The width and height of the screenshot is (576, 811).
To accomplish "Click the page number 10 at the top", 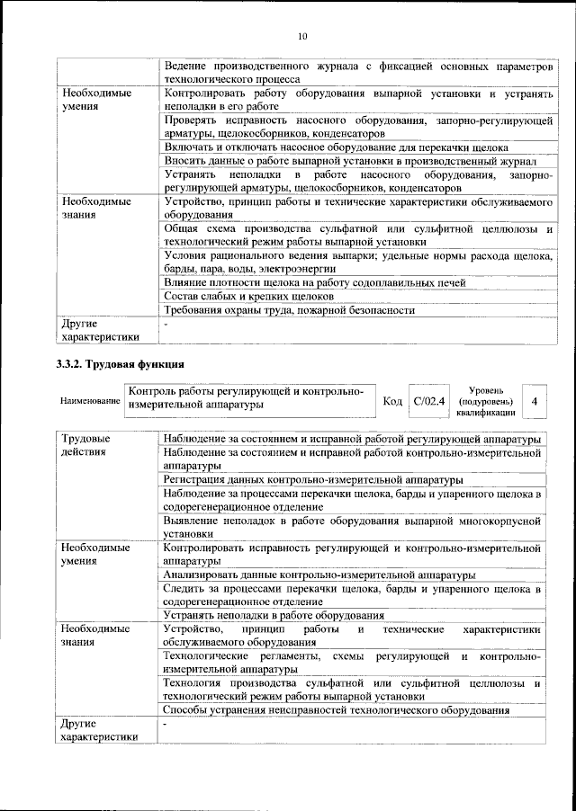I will pos(301,36).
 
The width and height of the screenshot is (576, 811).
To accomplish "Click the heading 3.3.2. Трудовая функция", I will pos(115,364).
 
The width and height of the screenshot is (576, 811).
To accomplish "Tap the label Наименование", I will pos(89,400).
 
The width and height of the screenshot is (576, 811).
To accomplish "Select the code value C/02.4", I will pos(428,400).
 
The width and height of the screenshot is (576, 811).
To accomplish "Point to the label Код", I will pos(392,400).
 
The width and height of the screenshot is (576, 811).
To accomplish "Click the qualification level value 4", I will pos(535,400).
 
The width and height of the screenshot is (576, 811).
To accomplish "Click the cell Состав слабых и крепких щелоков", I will pos(244,296).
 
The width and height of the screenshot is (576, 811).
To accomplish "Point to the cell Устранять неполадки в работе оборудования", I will pos(274,615).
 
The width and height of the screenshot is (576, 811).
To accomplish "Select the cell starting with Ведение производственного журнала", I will pos(351,72).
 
